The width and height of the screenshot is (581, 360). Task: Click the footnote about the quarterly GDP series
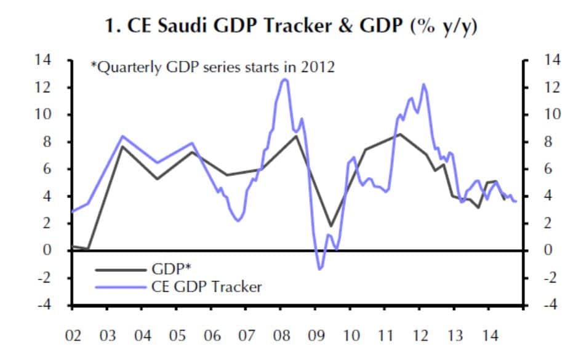[x=212, y=67]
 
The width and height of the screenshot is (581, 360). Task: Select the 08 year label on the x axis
[x=281, y=337]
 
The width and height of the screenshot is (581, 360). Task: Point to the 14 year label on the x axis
[x=489, y=337]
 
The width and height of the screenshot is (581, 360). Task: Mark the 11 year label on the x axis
[x=385, y=337]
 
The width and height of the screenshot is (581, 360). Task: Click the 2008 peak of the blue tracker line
[x=284, y=79]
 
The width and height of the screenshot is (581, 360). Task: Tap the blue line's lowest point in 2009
[x=320, y=269]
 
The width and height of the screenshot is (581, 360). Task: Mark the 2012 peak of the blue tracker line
[x=423, y=84]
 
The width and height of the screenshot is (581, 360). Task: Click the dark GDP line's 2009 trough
[x=331, y=226]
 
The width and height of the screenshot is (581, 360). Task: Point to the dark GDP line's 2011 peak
[x=400, y=134]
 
